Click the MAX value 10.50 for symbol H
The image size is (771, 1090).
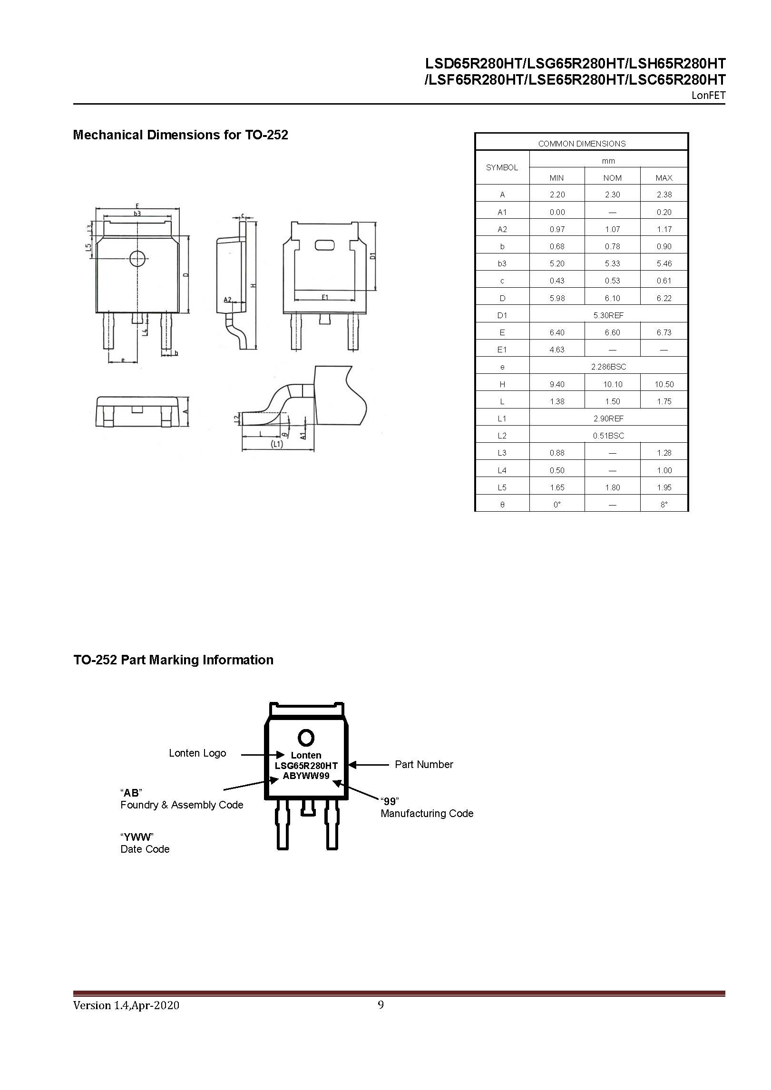pos(664,384)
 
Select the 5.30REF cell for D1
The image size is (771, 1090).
pos(608,315)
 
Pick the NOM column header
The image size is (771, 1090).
pos(612,178)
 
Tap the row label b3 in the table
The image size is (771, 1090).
pos(502,263)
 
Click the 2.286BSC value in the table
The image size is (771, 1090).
pos(608,367)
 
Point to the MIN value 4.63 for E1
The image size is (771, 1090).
pos(556,350)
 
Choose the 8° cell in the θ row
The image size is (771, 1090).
pos(664,505)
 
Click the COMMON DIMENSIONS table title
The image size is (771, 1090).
pos(582,144)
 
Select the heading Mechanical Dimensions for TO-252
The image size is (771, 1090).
pos(180,135)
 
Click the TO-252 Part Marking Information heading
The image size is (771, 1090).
pos(173,660)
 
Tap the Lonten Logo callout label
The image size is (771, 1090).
pos(197,753)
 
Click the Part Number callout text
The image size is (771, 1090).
pos(424,765)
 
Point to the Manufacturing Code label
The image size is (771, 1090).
pos(427,814)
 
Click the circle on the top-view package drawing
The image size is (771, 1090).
pos(138,258)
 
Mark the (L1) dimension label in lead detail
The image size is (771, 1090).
pos(276,444)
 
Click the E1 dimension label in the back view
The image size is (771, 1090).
pos(325,297)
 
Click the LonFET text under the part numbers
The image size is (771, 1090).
pos(708,96)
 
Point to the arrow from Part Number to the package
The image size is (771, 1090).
pos(369,765)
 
